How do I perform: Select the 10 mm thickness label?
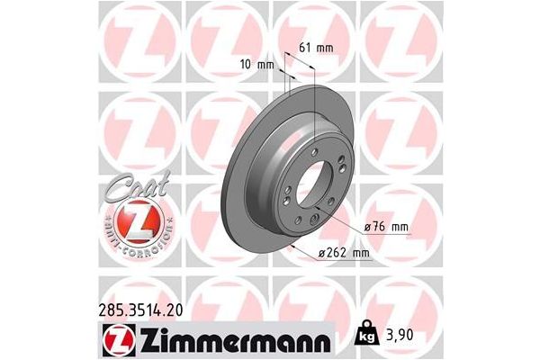[260, 64]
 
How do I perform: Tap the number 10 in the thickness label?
[251, 64]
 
